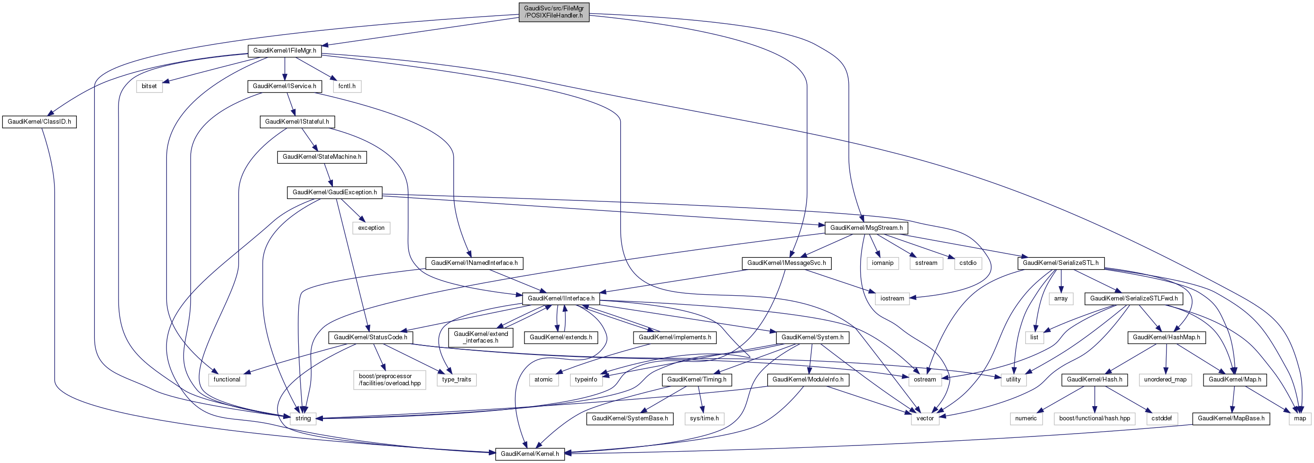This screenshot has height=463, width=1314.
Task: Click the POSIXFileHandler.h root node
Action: (553, 12)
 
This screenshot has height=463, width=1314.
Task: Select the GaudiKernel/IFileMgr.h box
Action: (285, 51)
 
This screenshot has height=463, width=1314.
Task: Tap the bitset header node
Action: (149, 86)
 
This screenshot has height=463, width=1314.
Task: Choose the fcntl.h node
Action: (347, 86)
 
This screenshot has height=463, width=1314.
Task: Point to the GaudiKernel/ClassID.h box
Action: (39, 122)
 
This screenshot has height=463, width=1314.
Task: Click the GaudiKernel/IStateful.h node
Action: (297, 122)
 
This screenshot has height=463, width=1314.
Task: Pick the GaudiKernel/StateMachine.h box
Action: (322, 156)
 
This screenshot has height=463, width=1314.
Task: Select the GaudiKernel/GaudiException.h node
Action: (335, 192)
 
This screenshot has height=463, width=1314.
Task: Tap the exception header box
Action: (371, 228)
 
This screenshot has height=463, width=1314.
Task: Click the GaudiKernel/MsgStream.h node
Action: (866, 228)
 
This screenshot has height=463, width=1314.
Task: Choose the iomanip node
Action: (882, 263)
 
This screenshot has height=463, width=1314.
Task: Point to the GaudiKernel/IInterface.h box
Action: (561, 298)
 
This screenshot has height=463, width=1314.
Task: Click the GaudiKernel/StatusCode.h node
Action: (370, 337)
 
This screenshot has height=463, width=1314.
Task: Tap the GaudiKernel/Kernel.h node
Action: (530, 454)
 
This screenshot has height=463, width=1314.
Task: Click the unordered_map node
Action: (1165, 380)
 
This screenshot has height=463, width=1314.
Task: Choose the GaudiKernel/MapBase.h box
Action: (1231, 418)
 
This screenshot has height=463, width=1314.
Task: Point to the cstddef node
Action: (1161, 418)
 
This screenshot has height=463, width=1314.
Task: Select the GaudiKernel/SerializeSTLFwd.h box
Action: (1133, 298)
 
